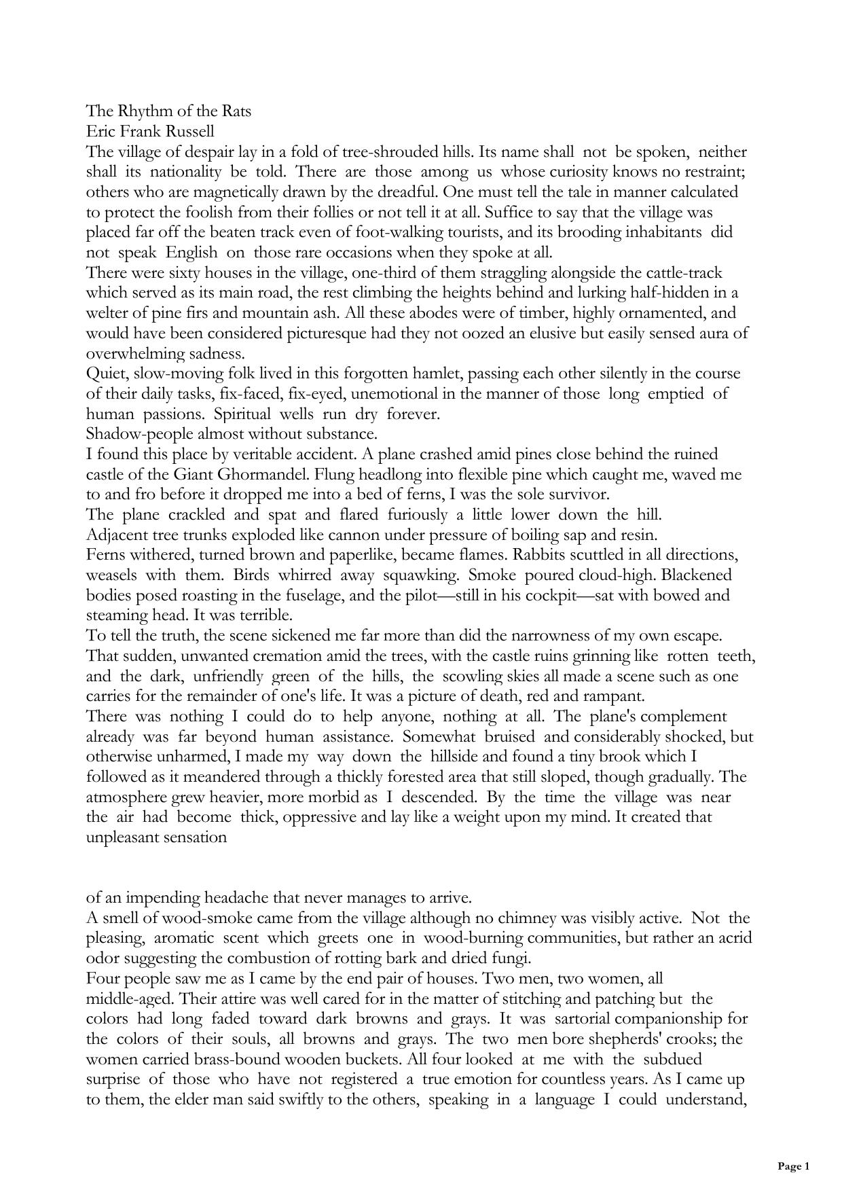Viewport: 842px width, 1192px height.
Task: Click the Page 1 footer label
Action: tap(793, 1167)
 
